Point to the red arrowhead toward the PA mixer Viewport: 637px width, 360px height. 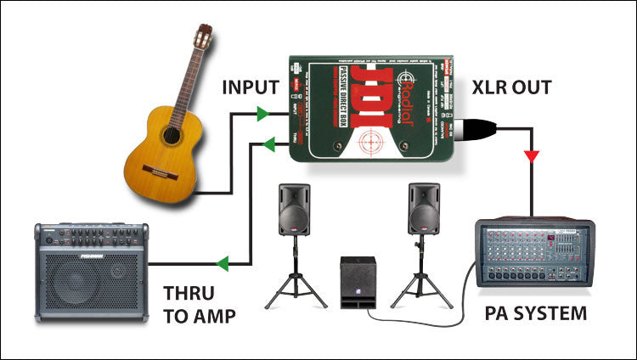click(x=532, y=156)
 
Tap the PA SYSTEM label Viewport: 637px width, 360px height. click(x=535, y=313)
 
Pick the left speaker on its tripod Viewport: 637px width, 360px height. click(x=294, y=209)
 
